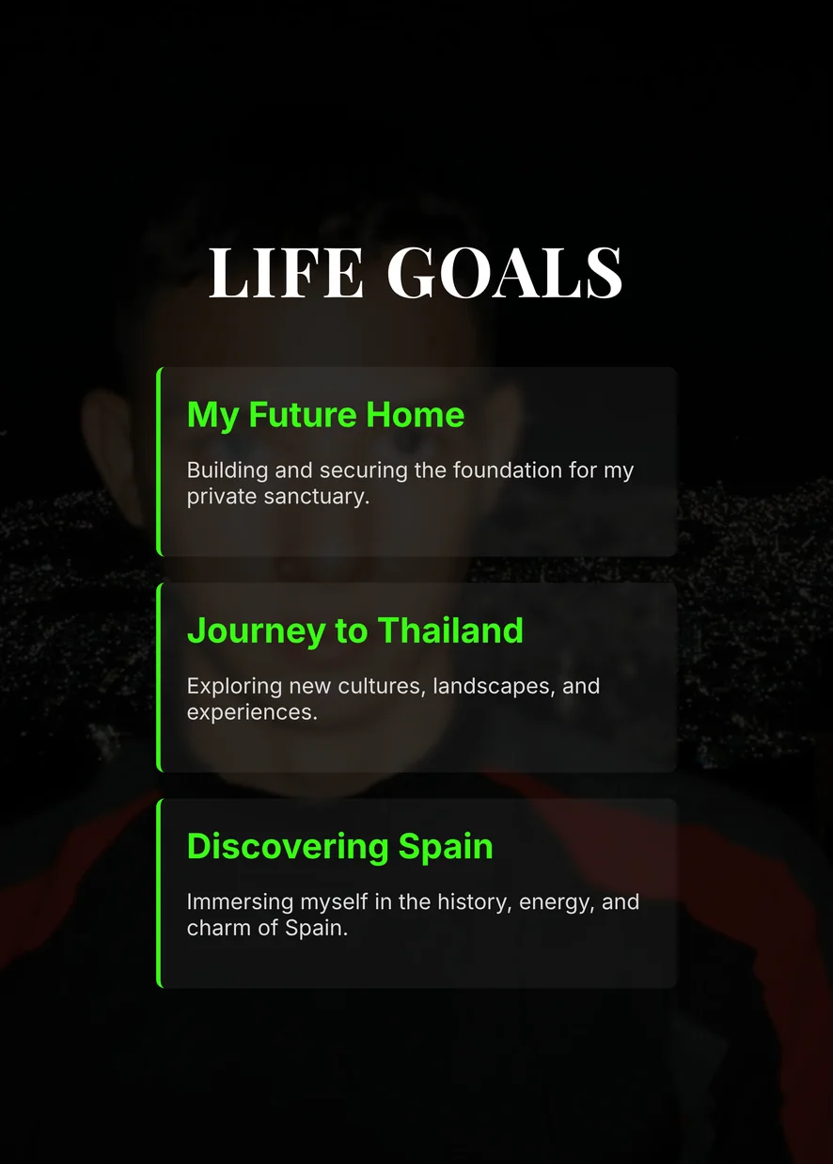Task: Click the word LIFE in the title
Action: (285, 273)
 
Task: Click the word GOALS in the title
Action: (504, 273)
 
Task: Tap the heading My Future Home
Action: (325, 416)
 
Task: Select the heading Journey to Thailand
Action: (354, 631)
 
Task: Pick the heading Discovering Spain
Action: (339, 848)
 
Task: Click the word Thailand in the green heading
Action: (450, 630)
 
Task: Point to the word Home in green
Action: (415, 415)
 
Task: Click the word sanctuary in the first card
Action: (316, 497)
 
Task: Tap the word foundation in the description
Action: (508, 470)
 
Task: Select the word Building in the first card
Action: (228, 471)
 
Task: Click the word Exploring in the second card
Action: (235, 687)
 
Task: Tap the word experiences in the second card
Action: (252, 713)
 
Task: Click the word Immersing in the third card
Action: (241, 903)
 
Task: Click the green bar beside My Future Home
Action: (159, 461)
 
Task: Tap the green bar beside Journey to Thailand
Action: (159, 678)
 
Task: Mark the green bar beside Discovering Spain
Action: (159, 893)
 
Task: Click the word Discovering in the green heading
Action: (288, 848)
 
